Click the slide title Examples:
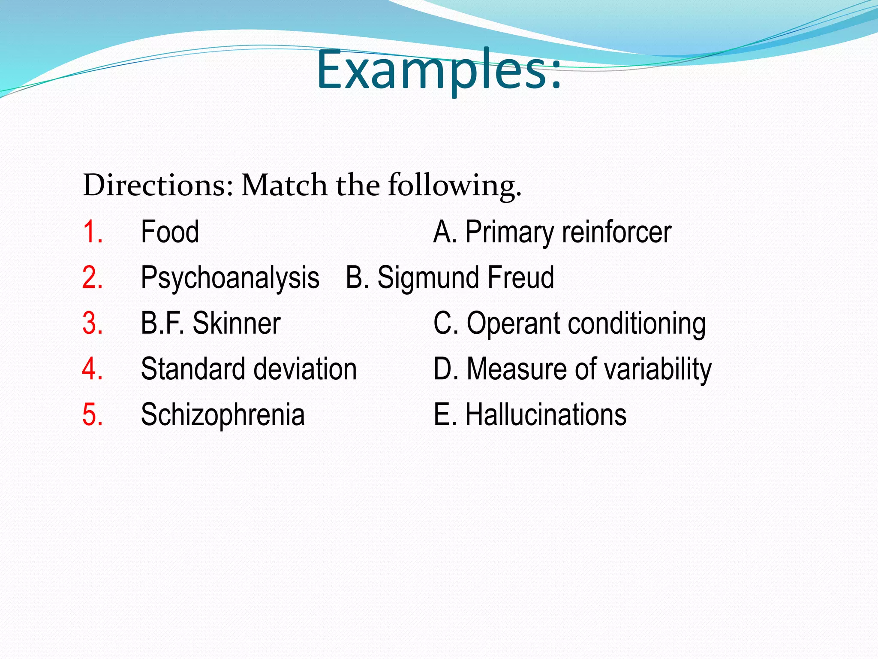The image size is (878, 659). (x=439, y=71)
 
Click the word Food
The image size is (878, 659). (x=170, y=232)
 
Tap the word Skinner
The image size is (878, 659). (x=237, y=323)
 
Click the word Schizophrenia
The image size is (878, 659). (x=223, y=415)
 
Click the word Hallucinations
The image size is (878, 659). (x=546, y=415)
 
